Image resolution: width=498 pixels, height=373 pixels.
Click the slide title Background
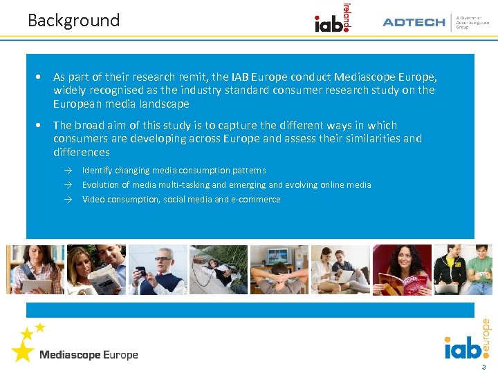coord(73,21)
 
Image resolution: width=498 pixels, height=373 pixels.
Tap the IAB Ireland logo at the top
coord(332,21)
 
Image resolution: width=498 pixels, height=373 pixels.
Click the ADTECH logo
coord(414,22)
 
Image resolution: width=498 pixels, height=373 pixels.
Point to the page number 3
coord(483,366)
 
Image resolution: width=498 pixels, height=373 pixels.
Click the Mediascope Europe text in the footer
coord(89,355)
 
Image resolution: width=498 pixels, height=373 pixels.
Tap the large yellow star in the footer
coord(22,351)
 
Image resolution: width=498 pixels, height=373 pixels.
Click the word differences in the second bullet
coord(81,152)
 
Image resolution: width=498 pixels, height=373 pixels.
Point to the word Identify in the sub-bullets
coord(98,170)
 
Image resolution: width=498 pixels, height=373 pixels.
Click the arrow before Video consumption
coord(69,199)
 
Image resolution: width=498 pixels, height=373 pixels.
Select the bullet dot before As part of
coord(42,77)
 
